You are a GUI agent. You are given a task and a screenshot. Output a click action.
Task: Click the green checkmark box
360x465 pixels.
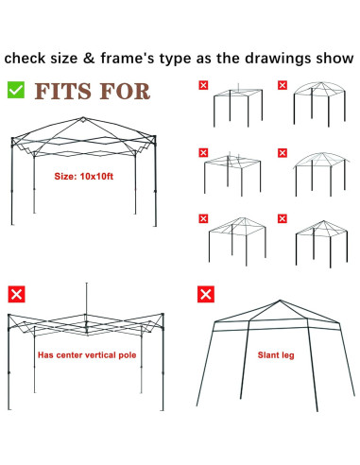[x=16, y=90]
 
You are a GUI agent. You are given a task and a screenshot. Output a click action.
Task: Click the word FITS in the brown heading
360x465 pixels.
[x=63, y=92]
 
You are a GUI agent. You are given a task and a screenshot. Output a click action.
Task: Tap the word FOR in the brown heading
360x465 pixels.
[x=126, y=92]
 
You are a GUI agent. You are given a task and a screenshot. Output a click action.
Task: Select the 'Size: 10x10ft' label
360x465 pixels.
[x=83, y=176]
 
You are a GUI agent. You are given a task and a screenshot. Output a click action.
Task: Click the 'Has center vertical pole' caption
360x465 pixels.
[x=87, y=355]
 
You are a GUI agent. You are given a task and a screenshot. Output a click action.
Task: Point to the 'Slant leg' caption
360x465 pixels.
[x=276, y=355]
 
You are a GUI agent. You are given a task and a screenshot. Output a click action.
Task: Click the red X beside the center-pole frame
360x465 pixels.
[x=16, y=294]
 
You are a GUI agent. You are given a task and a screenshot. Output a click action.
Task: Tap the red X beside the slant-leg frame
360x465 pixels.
[x=206, y=294]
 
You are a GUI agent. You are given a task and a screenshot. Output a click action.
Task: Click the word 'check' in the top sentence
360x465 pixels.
[x=25, y=59]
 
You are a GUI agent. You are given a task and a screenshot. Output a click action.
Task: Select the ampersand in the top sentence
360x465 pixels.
[x=89, y=59]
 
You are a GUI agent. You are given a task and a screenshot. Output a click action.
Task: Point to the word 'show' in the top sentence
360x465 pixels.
[x=334, y=59]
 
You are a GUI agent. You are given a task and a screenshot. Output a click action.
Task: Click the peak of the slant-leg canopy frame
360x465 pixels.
[x=280, y=301]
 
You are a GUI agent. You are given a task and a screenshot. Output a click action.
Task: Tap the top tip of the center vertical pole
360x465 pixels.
[x=87, y=283]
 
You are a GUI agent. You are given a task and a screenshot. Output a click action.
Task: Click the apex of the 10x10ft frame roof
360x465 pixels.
[x=83, y=118]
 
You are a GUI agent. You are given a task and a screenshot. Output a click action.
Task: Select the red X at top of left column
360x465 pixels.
[x=203, y=85]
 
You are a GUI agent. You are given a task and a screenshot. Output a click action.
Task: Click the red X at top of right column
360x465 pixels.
[x=283, y=85]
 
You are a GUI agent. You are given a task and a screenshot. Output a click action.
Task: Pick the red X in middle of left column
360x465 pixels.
[x=203, y=152]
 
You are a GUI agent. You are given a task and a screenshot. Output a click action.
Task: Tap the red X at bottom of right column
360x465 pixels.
[x=283, y=218]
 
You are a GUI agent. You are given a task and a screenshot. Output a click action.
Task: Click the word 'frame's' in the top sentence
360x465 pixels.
[x=128, y=59]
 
